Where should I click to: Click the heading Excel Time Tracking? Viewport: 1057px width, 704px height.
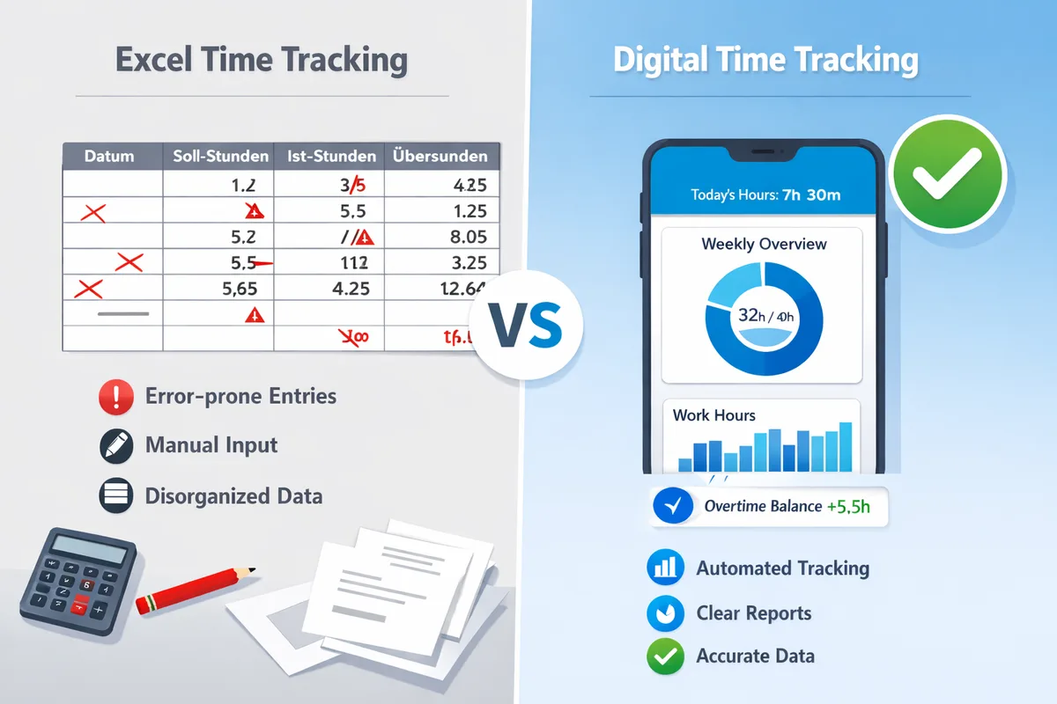[262, 61]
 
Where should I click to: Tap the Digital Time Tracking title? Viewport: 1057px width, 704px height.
[765, 61]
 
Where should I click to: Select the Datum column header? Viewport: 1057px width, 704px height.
[109, 157]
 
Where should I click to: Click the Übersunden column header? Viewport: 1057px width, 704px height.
[441, 157]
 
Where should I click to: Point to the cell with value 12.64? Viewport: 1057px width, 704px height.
[460, 287]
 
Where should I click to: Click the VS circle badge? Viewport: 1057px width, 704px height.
[525, 325]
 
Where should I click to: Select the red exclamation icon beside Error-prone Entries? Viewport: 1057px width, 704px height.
[116, 397]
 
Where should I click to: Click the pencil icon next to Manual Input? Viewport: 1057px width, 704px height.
[116, 446]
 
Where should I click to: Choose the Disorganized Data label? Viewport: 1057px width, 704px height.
[233, 496]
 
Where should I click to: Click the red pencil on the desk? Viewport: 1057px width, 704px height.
[196, 589]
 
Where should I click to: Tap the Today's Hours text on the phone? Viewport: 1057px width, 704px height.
[765, 195]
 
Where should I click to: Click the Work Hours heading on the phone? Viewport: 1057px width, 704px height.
[713, 414]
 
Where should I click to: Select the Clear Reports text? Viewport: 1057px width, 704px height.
[753, 612]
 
